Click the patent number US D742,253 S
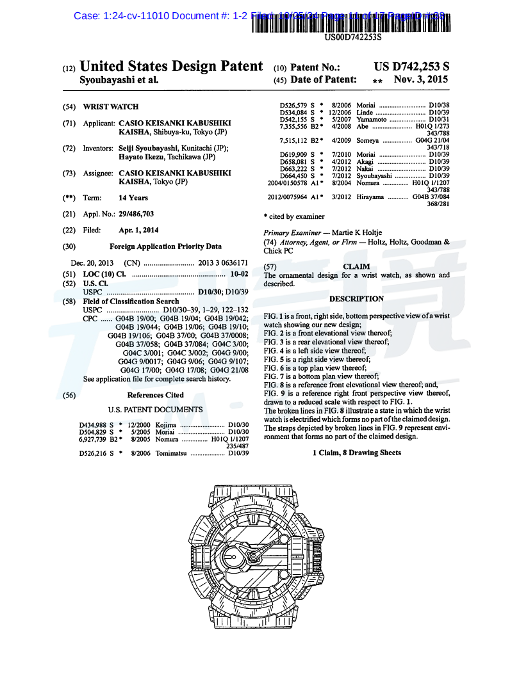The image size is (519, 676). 411,67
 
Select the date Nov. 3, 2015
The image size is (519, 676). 421,80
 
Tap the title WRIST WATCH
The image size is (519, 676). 111,107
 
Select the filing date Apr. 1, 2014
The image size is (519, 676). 139,230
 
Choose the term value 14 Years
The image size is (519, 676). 133,198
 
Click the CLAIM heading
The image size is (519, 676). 356,266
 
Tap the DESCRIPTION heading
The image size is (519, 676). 356,299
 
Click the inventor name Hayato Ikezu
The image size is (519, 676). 142,156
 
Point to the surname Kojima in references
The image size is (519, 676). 165,424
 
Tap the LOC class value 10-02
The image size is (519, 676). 239,274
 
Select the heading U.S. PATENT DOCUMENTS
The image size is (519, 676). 155,410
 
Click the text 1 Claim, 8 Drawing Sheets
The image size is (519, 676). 356,453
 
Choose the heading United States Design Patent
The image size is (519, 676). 171,67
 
